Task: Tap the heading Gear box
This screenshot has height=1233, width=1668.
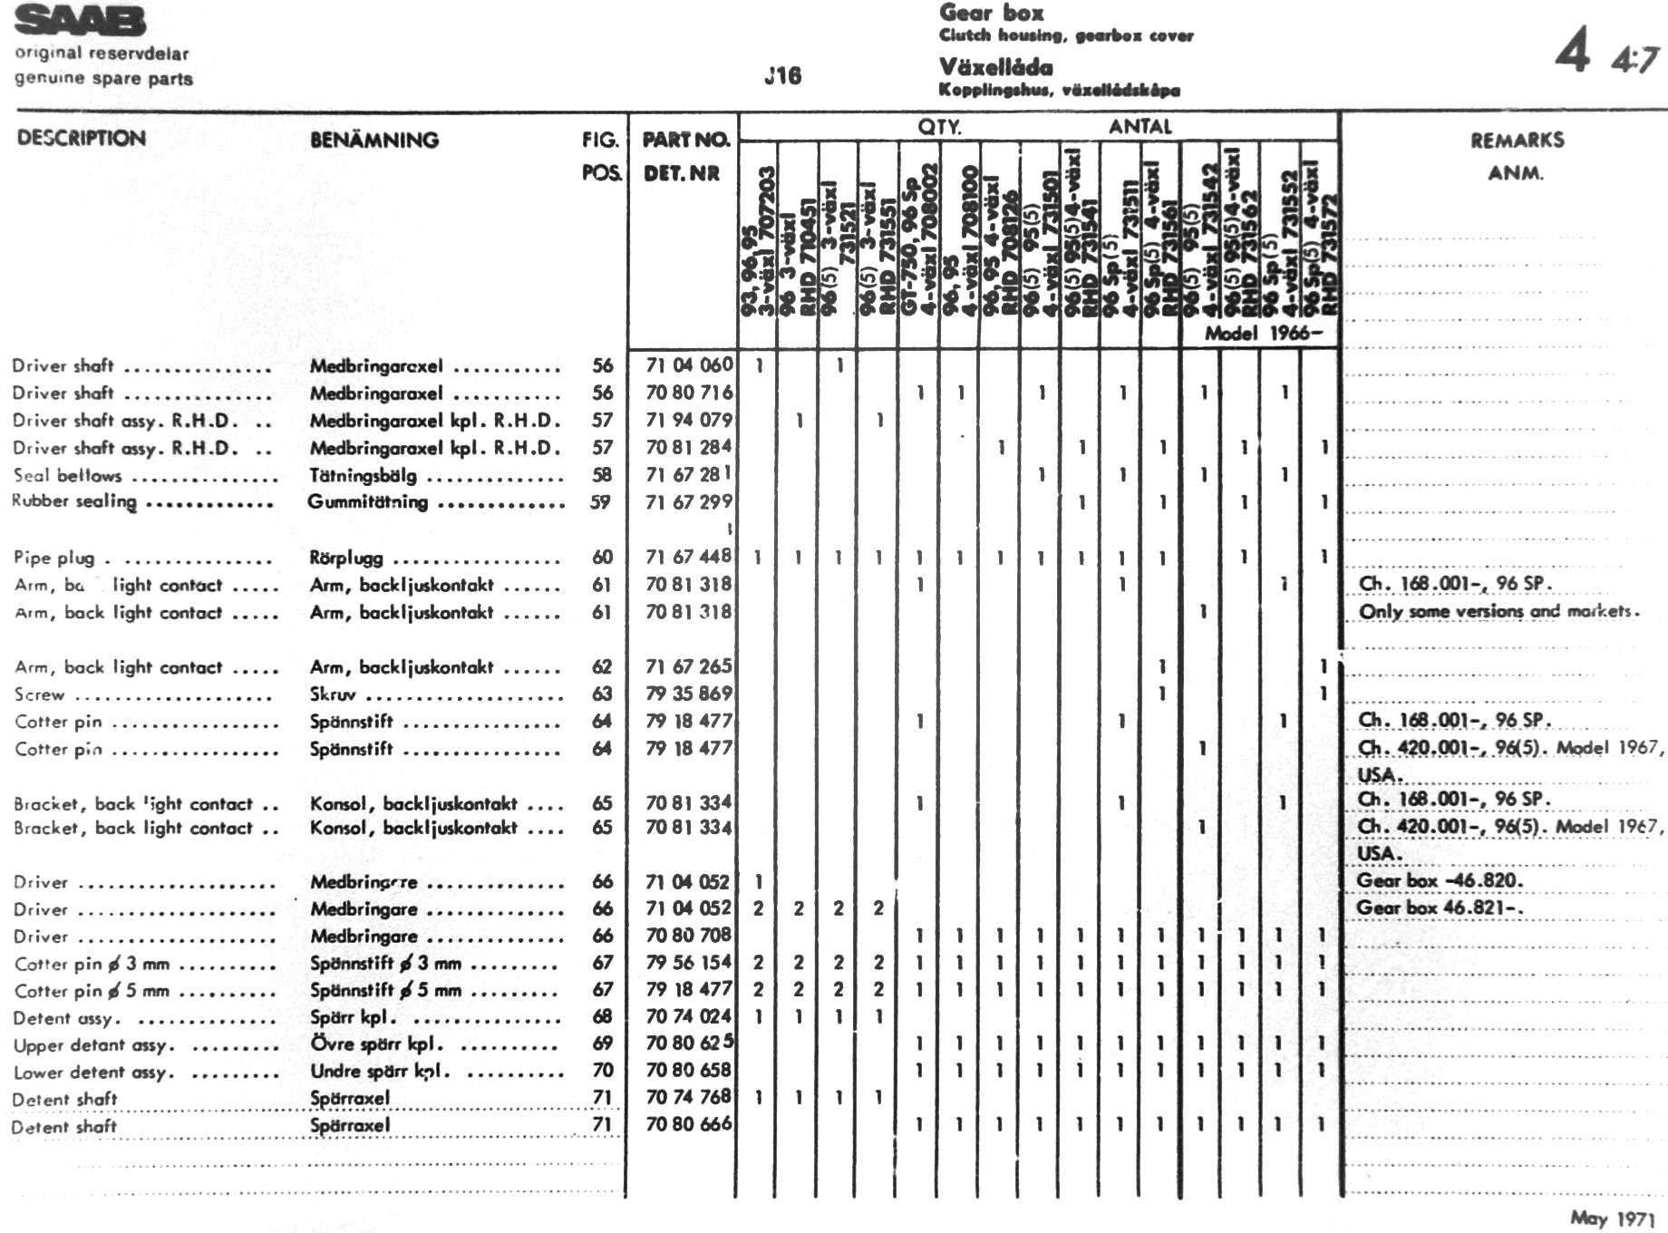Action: coord(991,13)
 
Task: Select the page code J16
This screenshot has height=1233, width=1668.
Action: coord(782,75)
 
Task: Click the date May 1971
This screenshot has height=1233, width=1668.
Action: coord(1613,1218)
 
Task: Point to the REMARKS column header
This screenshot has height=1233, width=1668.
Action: coord(1517,140)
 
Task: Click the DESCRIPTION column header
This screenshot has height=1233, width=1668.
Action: coord(82,138)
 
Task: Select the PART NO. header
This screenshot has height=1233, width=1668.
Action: coord(685,140)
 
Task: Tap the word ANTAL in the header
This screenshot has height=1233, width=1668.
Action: coord(1139,127)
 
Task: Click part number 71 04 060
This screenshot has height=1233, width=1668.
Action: coord(689,364)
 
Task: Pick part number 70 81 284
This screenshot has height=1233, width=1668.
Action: coord(689,446)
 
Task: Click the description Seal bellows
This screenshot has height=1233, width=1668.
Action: coord(67,475)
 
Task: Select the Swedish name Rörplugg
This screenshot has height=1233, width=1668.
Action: coord(346,558)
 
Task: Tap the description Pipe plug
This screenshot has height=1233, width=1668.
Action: coord(53,558)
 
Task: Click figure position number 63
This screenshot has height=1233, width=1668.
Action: coord(602,694)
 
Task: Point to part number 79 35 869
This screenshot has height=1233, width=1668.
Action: coord(689,694)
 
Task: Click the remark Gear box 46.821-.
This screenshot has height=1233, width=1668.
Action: coord(1440,908)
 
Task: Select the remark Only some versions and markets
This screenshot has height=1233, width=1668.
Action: coord(1498,611)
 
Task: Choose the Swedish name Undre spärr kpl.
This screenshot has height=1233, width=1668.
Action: coord(380,1071)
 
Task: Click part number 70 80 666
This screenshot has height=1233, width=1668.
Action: coord(689,1124)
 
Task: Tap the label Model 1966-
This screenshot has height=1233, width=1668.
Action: coord(1263,333)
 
